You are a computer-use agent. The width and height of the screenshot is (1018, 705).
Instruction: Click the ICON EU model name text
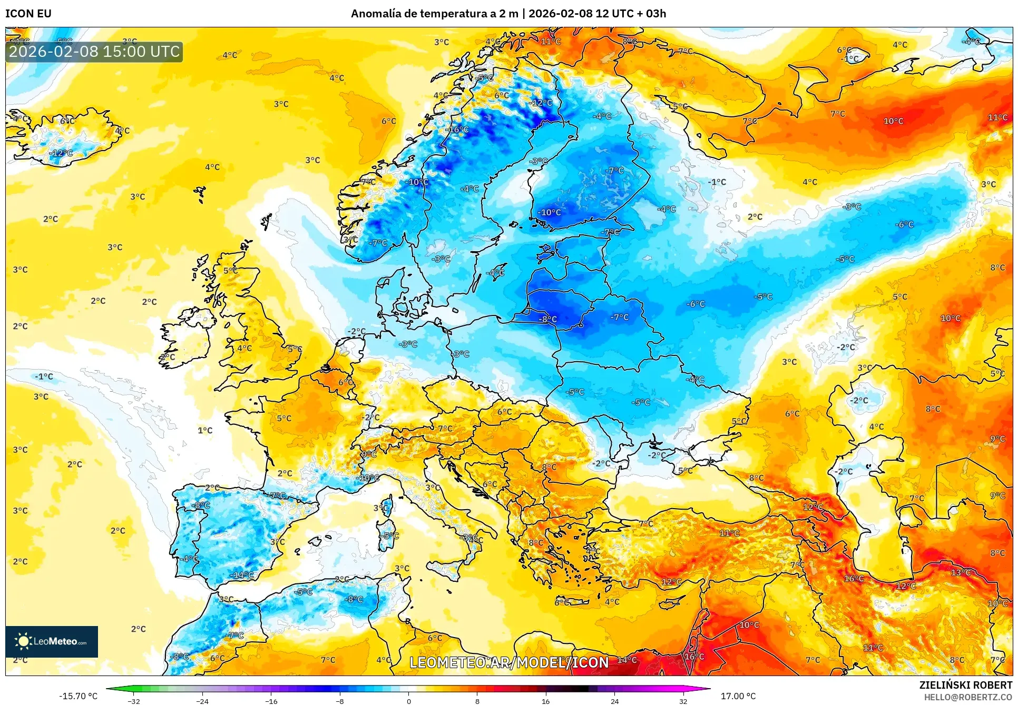point(28,14)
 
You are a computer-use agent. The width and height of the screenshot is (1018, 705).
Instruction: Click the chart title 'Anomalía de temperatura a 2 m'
point(435,14)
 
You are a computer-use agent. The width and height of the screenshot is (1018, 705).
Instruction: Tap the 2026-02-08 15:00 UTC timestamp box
point(94,52)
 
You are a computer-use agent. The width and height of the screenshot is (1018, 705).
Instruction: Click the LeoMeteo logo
point(52,641)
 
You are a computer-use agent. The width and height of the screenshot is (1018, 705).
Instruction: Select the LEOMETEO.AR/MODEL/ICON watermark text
point(509,662)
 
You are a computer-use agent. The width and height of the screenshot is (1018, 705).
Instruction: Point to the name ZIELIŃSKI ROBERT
point(966,685)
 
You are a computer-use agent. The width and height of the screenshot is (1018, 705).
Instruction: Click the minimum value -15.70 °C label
point(78,696)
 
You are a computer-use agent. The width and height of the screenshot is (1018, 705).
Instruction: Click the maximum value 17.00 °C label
point(738,696)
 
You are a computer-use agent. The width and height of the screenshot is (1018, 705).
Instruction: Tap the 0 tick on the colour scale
point(408,701)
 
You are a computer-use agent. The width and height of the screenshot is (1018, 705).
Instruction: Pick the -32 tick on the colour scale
point(134,701)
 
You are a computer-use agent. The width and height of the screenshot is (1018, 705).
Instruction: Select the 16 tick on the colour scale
point(545,701)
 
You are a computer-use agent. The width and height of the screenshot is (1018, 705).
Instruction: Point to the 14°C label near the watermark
point(627,660)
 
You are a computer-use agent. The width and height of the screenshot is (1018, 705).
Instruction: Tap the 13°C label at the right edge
point(960,572)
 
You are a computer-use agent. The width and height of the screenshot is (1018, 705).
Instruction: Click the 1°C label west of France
point(205,430)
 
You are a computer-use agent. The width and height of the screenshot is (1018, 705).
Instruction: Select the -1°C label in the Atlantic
point(44,376)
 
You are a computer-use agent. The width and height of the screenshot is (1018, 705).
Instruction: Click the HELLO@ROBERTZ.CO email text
point(968,697)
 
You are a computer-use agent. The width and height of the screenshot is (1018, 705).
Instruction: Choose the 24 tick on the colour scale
point(614,701)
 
